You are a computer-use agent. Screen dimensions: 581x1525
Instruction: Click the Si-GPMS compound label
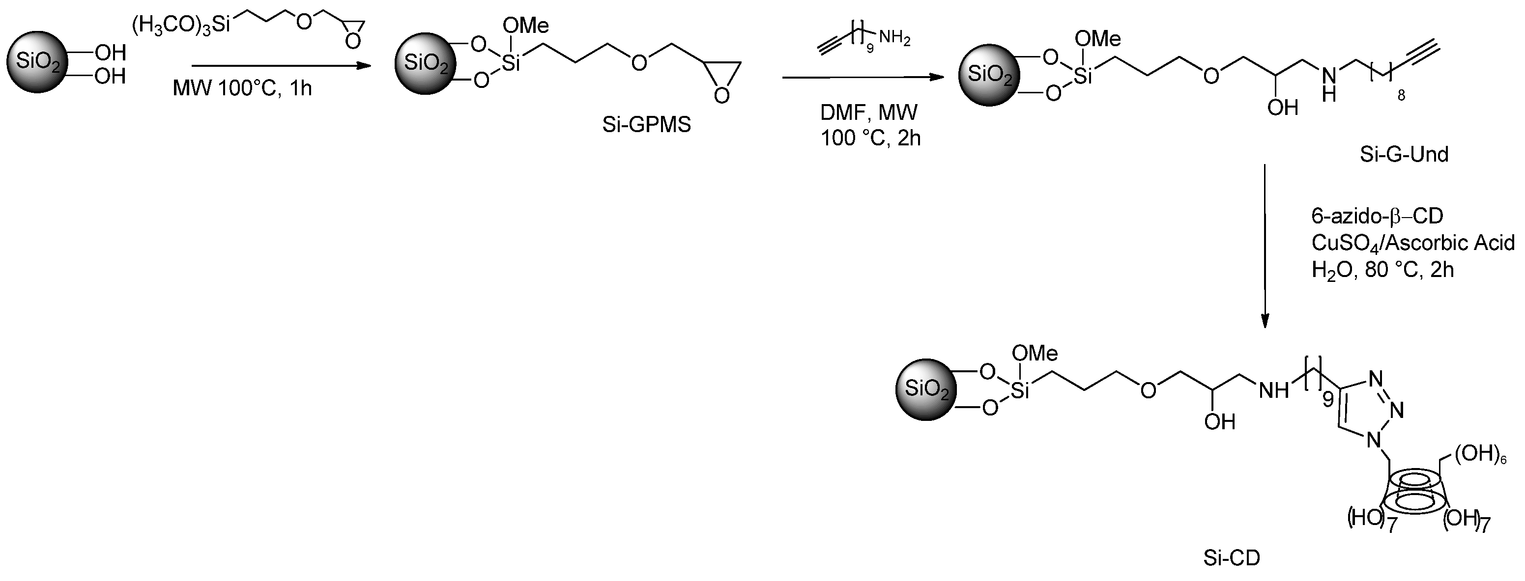pyautogui.click(x=646, y=125)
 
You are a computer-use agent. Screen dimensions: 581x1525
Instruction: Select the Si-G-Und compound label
pyautogui.click(x=1404, y=154)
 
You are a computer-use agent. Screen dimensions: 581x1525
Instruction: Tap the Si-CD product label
pyautogui.click(x=1232, y=558)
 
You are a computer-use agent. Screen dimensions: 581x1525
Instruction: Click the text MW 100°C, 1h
pyautogui.click(x=242, y=89)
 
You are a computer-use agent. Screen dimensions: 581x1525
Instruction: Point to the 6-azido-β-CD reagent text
pyautogui.click(x=1377, y=217)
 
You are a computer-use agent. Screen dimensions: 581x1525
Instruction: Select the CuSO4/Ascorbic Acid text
pyautogui.click(x=1412, y=243)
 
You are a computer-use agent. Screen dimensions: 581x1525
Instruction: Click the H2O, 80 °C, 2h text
pyautogui.click(x=1382, y=270)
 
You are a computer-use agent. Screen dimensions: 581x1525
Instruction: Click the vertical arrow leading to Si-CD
pyautogui.click(x=1265, y=246)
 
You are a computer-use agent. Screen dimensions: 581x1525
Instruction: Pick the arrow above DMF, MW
pyautogui.click(x=863, y=78)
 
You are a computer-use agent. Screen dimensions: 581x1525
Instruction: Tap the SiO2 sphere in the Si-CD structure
pyautogui.click(x=925, y=390)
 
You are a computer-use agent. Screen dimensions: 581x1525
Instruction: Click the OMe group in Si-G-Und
pyautogui.click(x=1097, y=39)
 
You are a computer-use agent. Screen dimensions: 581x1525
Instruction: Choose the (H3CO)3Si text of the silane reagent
pyautogui.click(x=180, y=26)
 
